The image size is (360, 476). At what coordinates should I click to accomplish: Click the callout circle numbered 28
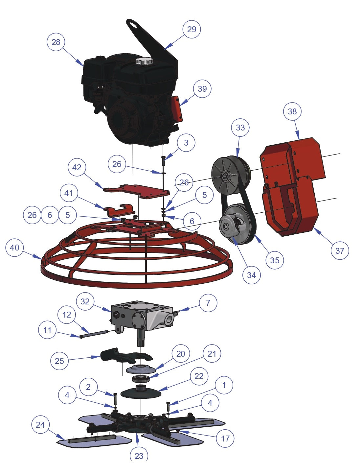[x=56, y=42]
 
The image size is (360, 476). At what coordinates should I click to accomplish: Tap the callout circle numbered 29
[x=191, y=29]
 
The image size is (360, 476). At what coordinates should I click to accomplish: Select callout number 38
[x=292, y=111]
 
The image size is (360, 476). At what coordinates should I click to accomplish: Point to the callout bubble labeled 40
[x=14, y=248]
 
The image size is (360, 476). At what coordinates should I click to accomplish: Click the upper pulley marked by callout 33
[x=231, y=175]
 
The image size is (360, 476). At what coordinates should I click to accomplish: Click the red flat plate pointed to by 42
[x=136, y=191]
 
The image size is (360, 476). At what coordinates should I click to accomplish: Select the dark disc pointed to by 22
[x=141, y=393]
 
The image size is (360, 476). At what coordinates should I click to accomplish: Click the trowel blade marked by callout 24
[x=94, y=441]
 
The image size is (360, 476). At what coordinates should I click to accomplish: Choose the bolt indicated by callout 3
[x=163, y=160]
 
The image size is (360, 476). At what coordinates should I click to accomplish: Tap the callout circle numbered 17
[x=225, y=439]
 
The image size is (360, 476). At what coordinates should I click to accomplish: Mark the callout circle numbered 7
[x=208, y=303]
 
